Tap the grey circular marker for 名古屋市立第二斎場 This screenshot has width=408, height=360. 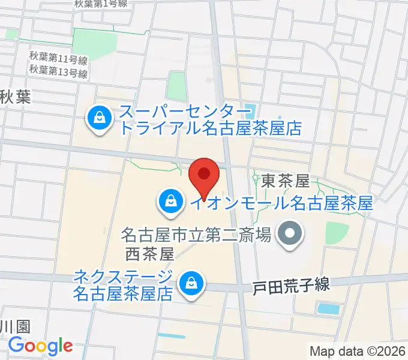coord(291,232)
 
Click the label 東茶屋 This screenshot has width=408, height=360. coord(285,180)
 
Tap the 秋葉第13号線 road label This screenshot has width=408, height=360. coord(58,73)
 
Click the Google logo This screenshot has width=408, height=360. coord(40,346)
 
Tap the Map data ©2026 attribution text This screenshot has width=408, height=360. coord(358,351)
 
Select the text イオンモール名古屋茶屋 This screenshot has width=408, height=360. coord(281,203)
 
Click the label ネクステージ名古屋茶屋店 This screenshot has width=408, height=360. coord(123,285)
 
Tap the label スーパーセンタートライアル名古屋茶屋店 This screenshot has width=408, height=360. coord(210,120)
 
